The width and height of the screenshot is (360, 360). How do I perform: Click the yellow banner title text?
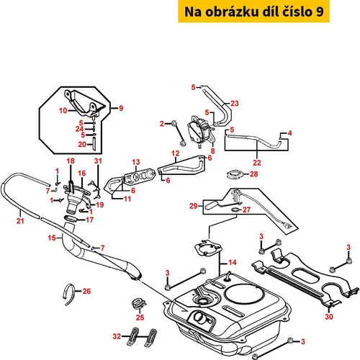[x=253, y=12]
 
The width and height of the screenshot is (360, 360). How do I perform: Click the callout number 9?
[x=121, y=108]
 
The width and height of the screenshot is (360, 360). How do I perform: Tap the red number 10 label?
[x=63, y=111]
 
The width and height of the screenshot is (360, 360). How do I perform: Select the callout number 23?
[x=235, y=103]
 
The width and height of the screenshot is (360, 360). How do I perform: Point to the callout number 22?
[x=256, y=163]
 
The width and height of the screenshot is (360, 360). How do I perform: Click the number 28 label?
[x=253, y=174]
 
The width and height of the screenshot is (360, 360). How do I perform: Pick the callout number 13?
[x=136, y=162]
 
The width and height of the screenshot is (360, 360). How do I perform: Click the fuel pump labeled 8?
[x=201, y=132]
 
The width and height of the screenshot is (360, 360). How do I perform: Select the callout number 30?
[x=329, y=317]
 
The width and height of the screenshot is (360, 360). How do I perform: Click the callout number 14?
[x=233, y=262]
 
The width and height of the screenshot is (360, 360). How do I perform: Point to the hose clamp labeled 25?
[x=139, y=304]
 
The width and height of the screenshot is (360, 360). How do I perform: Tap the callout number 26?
[x=86, y=291]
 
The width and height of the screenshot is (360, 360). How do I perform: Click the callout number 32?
[x=117, y=336]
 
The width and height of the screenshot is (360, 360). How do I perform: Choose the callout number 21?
[x=20, y=220]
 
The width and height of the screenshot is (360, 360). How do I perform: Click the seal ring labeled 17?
[x=71, y=219]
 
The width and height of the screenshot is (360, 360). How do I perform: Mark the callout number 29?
[x=193, y=206]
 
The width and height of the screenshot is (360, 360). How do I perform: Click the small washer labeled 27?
[x=235, y=210]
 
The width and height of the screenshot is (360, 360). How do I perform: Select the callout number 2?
[x=162, y=124]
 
